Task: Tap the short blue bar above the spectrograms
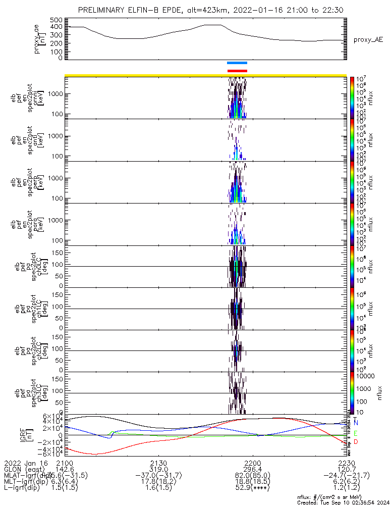click(x=237, y=63)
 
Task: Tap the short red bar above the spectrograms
click(x=237, y=71)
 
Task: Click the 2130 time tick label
click(x=158, y=463)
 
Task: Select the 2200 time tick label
click(x=252, y=463)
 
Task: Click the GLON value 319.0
click(x=158, y=469)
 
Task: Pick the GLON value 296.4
click(x=252, y=469)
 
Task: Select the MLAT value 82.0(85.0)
click(x=252, y=475)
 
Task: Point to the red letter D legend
click(x=356, y=442)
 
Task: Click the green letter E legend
click(x=356, y=433)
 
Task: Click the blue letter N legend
click(x=356, y=422)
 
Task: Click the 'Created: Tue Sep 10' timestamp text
click(x=344, y=502)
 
